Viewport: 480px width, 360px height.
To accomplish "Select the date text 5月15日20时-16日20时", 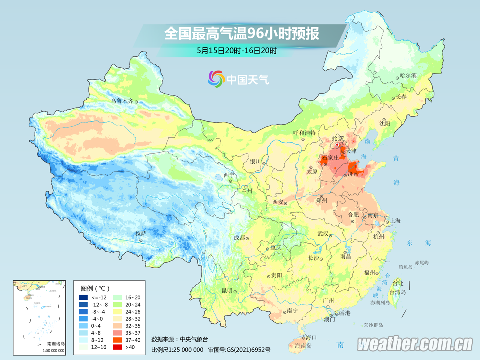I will [x=237, y=51].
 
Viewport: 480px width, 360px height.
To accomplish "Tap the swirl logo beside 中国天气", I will [x=216, y=79].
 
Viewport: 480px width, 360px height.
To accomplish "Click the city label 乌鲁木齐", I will [x=122, y=101].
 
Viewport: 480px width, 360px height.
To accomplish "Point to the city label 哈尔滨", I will [x=408, y=75].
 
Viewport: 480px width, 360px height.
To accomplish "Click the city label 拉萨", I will [x=140, y=233].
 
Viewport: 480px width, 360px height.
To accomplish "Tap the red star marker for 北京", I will [x=338, y=145].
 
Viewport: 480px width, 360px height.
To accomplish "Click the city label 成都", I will [x=239, y=238].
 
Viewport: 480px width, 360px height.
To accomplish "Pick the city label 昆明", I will [x=227, y=290].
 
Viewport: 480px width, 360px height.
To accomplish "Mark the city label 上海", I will [x=395, y=220].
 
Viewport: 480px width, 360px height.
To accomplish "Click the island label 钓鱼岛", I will [x=405, y=267].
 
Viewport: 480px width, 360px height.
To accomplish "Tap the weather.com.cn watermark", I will [x=415, y=344].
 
